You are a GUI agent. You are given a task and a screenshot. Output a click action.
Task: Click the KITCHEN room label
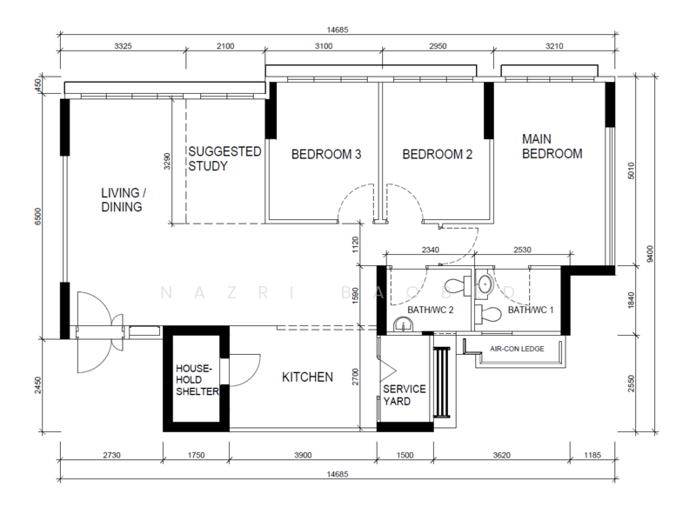(307, 377)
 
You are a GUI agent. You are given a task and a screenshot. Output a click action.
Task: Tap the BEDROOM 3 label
(326, 154)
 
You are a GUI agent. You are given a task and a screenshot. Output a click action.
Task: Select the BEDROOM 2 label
(438, 154)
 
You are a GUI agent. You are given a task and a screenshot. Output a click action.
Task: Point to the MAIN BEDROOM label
(552, 146)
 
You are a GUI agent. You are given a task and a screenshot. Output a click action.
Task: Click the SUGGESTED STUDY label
(224, 158)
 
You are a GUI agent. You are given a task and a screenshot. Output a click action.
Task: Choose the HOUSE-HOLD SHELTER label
(197, 379)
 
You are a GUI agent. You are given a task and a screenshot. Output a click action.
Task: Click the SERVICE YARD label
(405, 395)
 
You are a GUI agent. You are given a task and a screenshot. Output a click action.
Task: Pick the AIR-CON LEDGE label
(517, 349)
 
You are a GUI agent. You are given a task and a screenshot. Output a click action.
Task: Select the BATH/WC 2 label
(430, 310)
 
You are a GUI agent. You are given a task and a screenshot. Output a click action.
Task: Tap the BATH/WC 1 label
(531, 310)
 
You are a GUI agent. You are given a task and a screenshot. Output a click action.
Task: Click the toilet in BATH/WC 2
(458, 285)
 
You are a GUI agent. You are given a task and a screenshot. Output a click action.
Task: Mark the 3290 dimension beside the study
(167, 161)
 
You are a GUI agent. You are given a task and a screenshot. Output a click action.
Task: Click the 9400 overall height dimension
(650, 253)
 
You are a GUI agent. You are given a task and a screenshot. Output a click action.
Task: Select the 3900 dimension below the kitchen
(303, 455)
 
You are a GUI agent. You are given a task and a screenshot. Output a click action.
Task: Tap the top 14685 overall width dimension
(338, 30)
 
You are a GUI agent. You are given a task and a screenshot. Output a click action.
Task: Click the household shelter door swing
(245, 370)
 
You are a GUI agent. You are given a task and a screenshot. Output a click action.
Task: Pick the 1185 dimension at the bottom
(592, 455)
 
